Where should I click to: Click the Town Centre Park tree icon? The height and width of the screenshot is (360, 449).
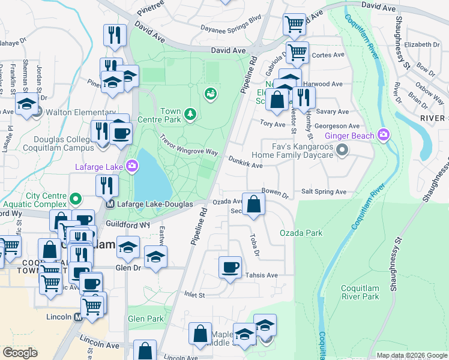click(x=190, y=114)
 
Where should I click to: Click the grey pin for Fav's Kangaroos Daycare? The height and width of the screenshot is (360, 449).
click(x=342, y=149)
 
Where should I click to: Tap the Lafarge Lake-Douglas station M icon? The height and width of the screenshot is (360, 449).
click(x=110, y=204)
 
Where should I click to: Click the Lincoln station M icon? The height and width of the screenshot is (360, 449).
click(x=78, y=317)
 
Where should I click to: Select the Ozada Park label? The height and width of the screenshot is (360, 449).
click(x=301, y=233)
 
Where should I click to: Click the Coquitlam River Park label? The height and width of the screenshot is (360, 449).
click(x=360, y=292)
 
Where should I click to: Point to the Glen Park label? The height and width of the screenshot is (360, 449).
click(x=146, y=319)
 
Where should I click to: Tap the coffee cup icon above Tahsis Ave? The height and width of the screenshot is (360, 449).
click(x=230, y=267)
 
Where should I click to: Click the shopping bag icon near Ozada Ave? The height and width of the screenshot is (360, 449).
click(x=255, y=203)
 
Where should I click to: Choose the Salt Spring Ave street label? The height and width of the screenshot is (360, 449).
click(x=324, y=191)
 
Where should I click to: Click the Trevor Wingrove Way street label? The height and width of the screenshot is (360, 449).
click(x=189, y=145)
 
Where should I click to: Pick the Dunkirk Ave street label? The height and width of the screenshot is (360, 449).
click(x=246, y=162)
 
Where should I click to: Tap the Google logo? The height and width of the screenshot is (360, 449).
click(x=20, y=353)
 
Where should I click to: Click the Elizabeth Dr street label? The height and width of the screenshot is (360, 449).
click(x=422, y=44)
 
